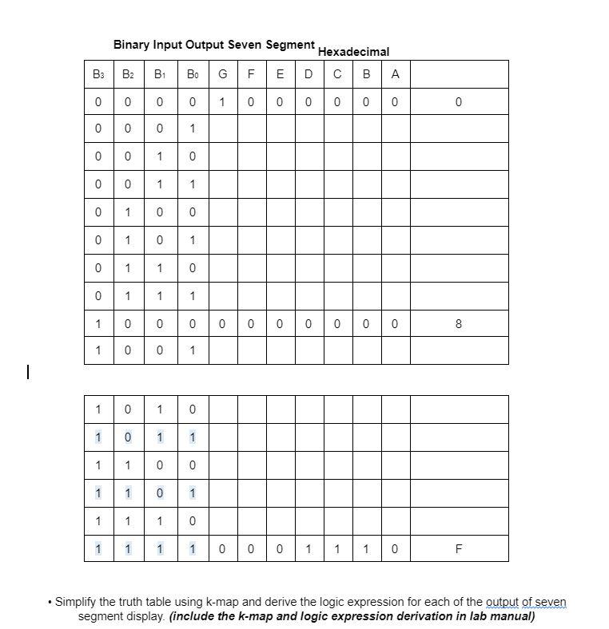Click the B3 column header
(98, 75)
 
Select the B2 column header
(128, 75)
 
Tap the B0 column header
(192, 75)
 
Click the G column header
(222, 75)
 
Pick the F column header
(251, 75)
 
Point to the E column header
(280, 75)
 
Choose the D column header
(308, 75)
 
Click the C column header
(337, 75)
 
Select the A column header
(395, 75)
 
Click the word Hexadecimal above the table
(353, 52)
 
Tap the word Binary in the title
(132, 45)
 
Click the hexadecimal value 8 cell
(458, 323)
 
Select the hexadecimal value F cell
(458, 549)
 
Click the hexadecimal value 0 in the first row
(458, 102)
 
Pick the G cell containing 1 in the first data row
(222, 102)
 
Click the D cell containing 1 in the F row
(308, 549)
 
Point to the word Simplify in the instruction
(79, 602)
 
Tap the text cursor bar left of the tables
(28, 371)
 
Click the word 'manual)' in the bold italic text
(511, 616)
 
